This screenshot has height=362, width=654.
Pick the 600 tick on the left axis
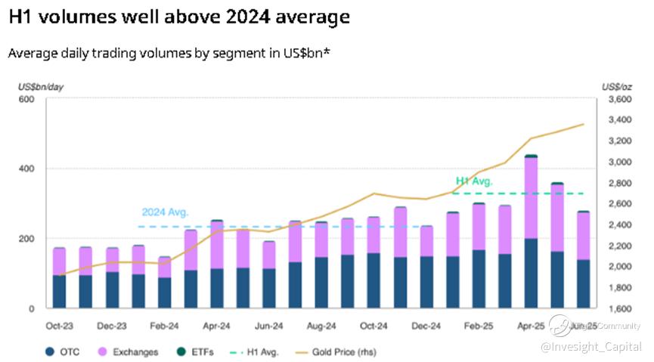click(26, 100)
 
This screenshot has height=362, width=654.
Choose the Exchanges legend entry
click(129, 351)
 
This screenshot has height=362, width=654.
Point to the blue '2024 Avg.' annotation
click(165, 212)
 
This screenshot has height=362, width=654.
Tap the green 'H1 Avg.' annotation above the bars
click(474, 181)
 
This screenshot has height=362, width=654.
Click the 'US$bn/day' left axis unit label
click(41, 87)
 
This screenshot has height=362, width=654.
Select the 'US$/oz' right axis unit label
click(616, 87)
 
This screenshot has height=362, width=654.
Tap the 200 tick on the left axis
click(26, 239)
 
